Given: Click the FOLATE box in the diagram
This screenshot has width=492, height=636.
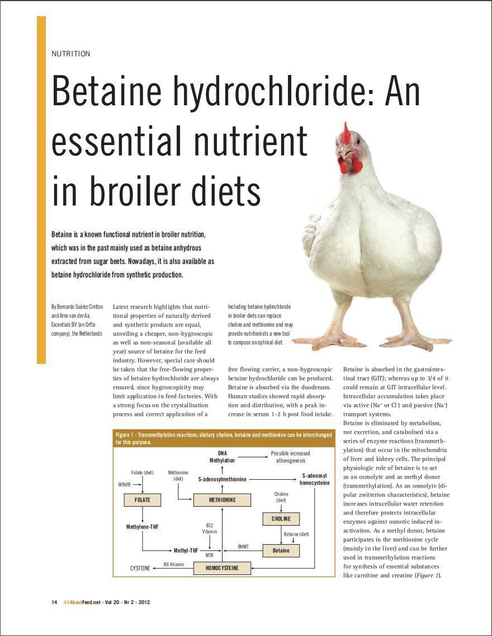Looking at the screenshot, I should click(143, 499).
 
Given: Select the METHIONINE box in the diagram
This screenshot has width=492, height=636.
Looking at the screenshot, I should click(222, 499).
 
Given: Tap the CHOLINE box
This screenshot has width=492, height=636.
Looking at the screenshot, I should click(281, 518).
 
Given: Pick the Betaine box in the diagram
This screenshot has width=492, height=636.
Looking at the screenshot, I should click(281, 550).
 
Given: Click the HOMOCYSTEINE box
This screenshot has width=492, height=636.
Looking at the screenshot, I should click(222, 568).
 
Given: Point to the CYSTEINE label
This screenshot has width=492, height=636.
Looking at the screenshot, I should click(140, 568).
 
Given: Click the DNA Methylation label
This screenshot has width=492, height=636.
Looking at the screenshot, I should click(222, 456).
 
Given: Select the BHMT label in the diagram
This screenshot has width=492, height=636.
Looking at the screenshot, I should click(243, 545).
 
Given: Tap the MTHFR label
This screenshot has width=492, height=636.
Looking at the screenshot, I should click(124, 484).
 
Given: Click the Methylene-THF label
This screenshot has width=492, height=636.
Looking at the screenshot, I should click(143, 527).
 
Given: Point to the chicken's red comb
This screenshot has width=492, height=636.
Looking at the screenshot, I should click(346, 133).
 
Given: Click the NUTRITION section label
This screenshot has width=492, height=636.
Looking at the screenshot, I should click(70, 54).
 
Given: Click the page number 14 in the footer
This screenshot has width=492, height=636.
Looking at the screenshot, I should click(54, 602).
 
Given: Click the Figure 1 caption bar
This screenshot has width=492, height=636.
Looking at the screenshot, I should click(224, 438).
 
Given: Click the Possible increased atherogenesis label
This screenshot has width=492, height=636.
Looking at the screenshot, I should click(290, 456).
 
